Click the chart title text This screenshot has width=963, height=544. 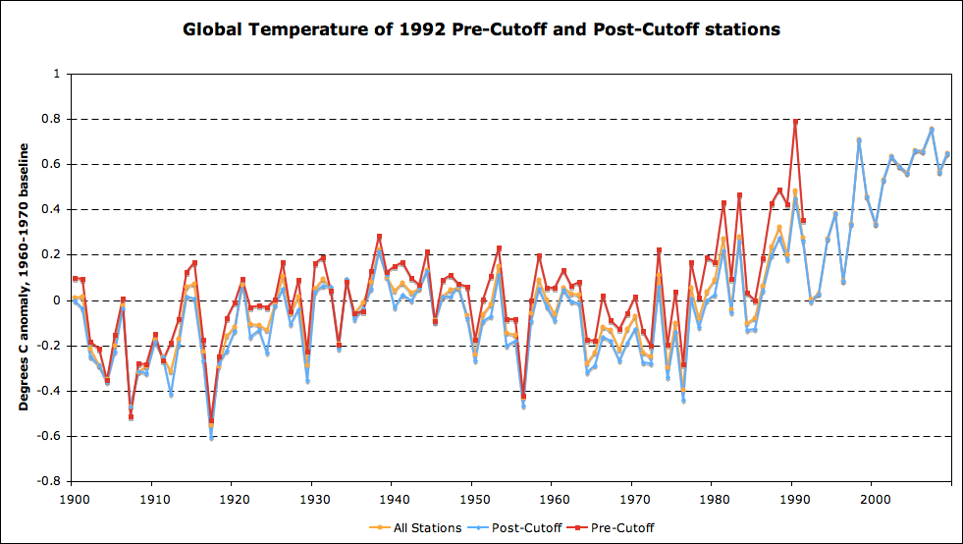(481, 29)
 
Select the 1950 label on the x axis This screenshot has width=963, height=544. (472, 499)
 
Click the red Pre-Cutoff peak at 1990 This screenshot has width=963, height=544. (795, 122)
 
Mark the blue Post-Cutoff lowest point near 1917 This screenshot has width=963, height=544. (211, 438)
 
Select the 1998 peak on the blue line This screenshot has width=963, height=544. (859, 140)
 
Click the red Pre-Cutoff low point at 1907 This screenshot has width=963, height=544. (131, 417)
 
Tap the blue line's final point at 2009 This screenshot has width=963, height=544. (947, 153)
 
